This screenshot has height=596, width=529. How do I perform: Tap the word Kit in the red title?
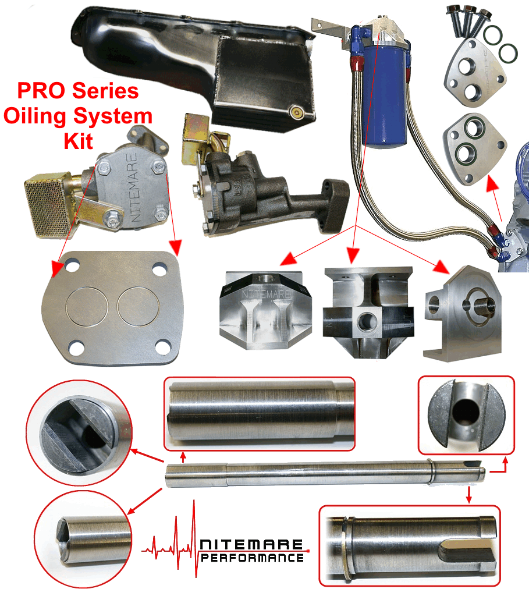pyautogui.click(x=79, y=141)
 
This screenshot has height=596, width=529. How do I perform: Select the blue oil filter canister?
pyautogui.click(x=385, y=95)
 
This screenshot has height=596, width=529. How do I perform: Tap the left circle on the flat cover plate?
pyautogui.click(x=87, y=306)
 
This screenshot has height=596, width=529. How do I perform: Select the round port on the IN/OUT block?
pyautogui.click(x=367, y=321)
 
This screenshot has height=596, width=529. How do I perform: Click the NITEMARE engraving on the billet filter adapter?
pyautogui.click(x=267, y=294)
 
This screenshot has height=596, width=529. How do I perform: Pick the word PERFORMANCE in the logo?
pyautogui.click(x=252, y=558)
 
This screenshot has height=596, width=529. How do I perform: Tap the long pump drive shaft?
pyautogui.click(x=325, y=473)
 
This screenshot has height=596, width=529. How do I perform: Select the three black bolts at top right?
pyautogui.click(x=468, y=21)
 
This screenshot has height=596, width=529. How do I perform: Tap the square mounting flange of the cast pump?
pyautogui.click(x=335, y=205)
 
